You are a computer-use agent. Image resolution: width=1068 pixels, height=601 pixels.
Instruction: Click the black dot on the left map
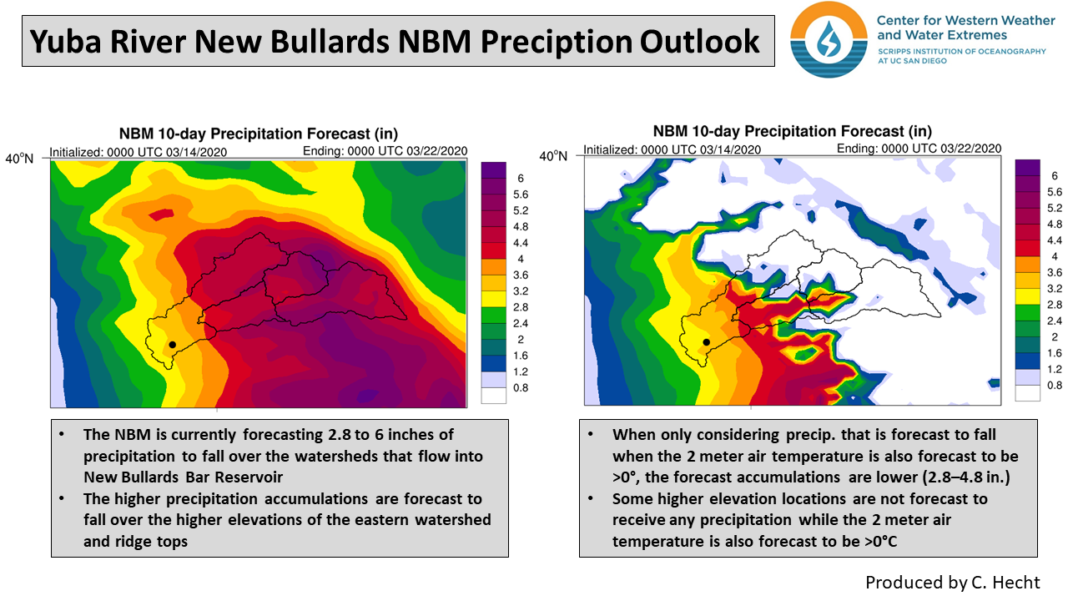point(173,344)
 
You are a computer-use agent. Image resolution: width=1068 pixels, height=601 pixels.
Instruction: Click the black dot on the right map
point(707,342)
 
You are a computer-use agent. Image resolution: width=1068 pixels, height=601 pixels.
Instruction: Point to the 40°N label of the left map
point(19,158)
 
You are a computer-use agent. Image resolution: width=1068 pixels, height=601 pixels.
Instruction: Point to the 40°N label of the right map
point(553,156)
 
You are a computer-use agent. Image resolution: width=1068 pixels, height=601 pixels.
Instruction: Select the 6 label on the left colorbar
point(521,178)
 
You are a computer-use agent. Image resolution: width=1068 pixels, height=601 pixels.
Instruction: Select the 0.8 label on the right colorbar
point(1054,385)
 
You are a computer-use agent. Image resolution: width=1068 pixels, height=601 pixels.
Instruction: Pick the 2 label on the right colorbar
point(1054,336)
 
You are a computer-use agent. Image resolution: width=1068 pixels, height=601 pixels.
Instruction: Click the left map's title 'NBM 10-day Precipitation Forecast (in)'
point(258,134)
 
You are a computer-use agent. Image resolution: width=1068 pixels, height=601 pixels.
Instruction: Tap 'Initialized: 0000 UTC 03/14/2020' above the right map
point(672,149)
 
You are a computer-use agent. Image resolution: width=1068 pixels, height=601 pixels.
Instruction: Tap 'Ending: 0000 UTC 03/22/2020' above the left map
point(385,151)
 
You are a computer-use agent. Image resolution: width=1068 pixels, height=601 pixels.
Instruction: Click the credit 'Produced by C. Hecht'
point(953,582)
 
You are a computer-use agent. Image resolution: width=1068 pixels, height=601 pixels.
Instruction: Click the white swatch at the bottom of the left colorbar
point(494,396)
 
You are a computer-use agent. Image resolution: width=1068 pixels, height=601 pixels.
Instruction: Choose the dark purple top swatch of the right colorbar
point(1027,168)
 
